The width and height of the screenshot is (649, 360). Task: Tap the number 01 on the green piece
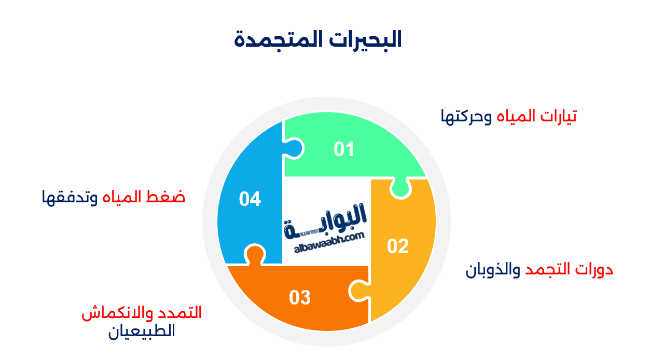[344, 149]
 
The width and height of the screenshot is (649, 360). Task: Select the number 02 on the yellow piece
[398, 246]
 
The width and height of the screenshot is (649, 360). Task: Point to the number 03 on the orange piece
[300, 298]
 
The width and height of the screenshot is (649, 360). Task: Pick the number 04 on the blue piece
[250, 199]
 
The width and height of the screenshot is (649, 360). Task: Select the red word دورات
[597, 270]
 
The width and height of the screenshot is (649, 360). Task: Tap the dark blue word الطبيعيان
[142, 331]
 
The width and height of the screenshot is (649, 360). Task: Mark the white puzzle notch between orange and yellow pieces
[359, 290]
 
